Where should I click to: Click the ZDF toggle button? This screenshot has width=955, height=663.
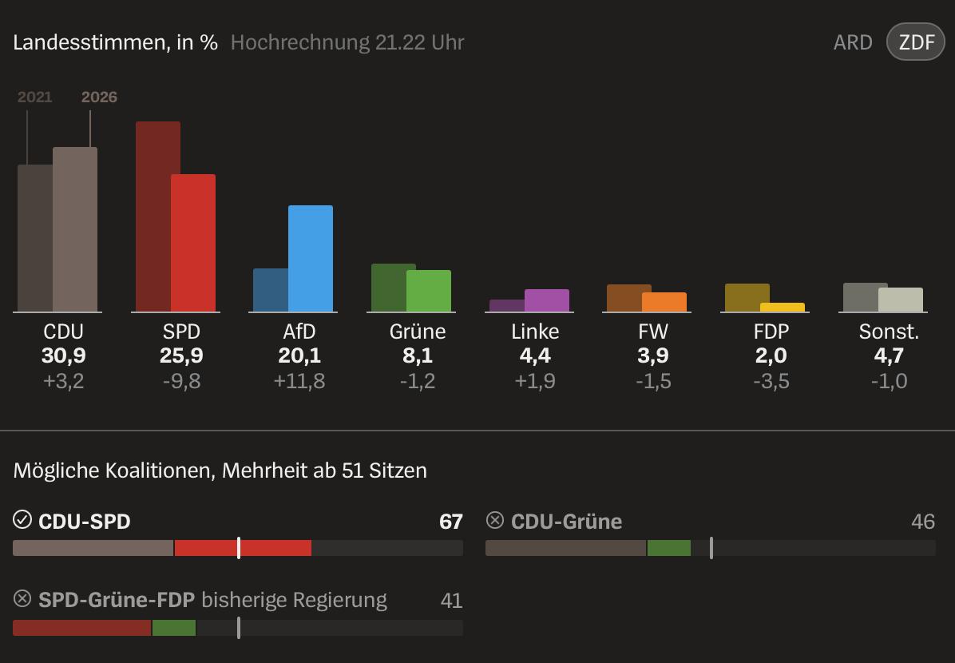pyautogui.click(x=916, y=42)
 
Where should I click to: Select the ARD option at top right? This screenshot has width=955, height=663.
pyautogui.click(x=853, y=42)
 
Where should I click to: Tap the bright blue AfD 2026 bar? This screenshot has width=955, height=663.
pyautogui.click(x=311, y=258)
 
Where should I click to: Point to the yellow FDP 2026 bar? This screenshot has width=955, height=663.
pyautogui.click(x=783, y=308)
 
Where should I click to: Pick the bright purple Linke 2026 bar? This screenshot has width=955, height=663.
pyautogui.click(x=547, y=300)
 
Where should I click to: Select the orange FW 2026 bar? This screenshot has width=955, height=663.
pyautogui.click(x=664, y=302)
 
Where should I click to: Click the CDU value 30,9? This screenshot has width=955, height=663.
pyautogui.click(x=63, y=356)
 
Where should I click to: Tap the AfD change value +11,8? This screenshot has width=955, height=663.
pyautogui.click(x=299, y=381)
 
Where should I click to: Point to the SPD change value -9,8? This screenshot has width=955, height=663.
pyautogui.click(x=181, y=381)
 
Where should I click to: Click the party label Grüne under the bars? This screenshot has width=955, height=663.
pyautogui.click(x=418, y=331)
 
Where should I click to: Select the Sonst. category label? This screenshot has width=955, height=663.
pyautogui.click(x=889, y=331)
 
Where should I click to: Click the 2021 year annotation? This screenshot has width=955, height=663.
pyautogui.click(x=34, y=97)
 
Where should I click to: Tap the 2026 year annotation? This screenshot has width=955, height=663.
pyautogui.click(x=99, y=97)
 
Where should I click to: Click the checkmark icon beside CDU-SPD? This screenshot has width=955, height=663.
pyautogui.click(x=22, y=521)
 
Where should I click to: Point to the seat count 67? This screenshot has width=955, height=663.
pyautogui.click(x=451, y=522)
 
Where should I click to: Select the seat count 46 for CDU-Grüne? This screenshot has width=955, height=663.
pyautogui.click(x=923, y=522)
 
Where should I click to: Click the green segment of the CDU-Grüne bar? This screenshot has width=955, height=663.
pyautogui.click(x=668, y=548)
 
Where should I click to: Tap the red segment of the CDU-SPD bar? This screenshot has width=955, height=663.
pyautogui.click(x=243, y=548)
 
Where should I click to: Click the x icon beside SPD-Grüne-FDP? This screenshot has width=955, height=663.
pyautogui.click(x=22, y=599)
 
